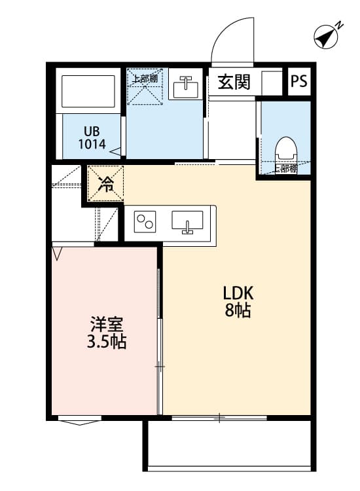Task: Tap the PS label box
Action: pos(299,82)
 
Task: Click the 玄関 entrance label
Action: pos(234,82)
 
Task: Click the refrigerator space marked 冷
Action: pos(105,184)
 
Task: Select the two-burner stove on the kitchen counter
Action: pos(145,222)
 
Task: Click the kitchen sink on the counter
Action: pos(187,222)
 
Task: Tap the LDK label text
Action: pos(238,293)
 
